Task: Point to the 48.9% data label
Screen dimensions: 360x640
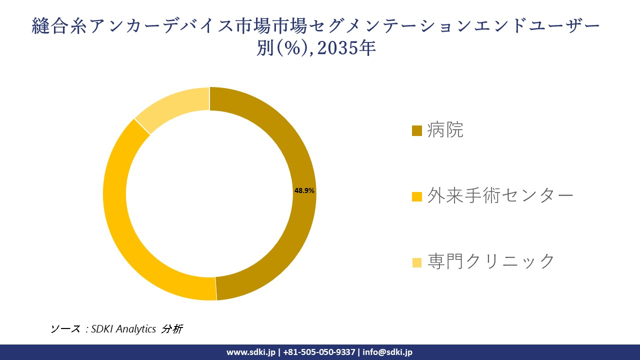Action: tap(304, 190)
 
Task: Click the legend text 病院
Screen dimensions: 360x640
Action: tap(445, 130)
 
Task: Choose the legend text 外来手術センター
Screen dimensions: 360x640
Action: tap(500, 195)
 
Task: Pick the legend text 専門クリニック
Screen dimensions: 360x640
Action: tap(491, 261)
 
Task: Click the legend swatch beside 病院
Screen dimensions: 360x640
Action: tap(416, 131)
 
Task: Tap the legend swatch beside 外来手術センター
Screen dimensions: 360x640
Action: tap(416, 196)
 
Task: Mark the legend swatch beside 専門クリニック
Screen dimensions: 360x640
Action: tap(416, 262)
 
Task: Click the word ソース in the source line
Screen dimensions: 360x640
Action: tap(65, 329)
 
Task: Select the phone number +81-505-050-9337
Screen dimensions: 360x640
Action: tap(319, 352)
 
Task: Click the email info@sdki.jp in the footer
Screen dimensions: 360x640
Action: tap(387, 352)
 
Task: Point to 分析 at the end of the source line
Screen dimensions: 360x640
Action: tap(172, 329)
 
